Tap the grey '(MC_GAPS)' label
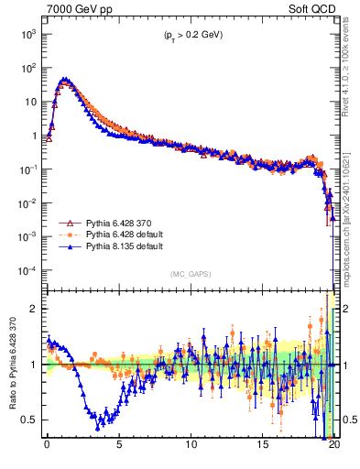coord(190,274)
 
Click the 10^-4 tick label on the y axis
coord(27,271)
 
